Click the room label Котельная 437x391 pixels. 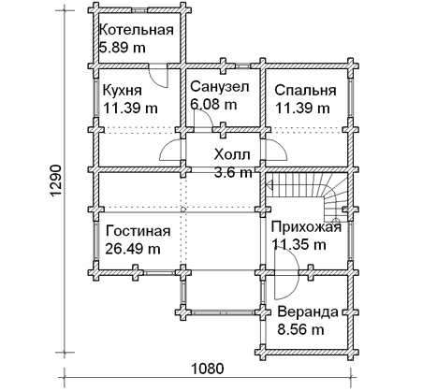click(136, 30)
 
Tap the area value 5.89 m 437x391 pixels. click(123, 48)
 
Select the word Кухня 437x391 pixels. click(123, 91)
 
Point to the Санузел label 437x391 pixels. click(220, 87)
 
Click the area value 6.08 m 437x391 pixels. click(213, 104)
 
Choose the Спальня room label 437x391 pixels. click(305, 91)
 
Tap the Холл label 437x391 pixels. click(232, 154)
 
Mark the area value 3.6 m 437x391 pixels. click(233, 172)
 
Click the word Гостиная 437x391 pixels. click(138, 231)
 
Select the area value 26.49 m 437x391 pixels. click(133, 249)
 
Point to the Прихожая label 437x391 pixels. click(306, 227)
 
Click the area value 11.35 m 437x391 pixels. click(299, 244)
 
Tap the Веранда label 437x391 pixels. click(308, 311)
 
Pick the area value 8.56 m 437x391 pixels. click(300, 329)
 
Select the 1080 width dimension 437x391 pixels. click(208, 369)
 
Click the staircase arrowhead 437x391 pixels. click(269, 186)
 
